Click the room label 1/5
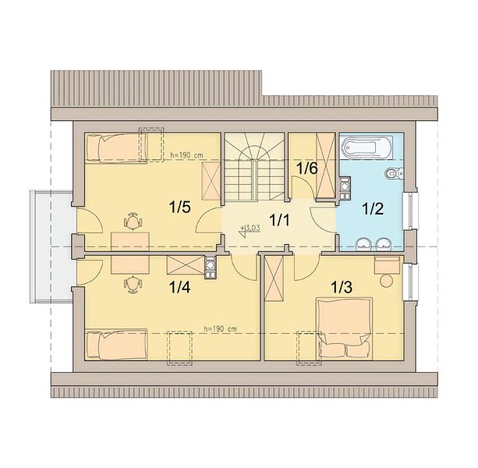tap(180, 207)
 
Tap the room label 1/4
tap(180, 287)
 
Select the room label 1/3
tap(342, 287)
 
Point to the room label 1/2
tap(373, 209)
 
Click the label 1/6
tap(307, 168)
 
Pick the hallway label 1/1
tap(279, 220)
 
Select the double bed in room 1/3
tap(345, 328)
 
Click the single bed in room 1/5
tap(116, 148)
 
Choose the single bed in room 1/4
tap(116, 345)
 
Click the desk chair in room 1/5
tap(133, 221)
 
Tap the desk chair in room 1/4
tap(133, 285)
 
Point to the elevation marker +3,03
tap(250, 231)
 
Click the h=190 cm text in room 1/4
tap(221, 329)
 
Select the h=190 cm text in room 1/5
tap(186, 155)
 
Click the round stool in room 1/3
tap(386, 281)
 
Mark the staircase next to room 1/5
tap(254, 167)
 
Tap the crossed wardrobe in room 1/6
tap(326, 165)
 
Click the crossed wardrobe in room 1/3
tap(274, 278)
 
